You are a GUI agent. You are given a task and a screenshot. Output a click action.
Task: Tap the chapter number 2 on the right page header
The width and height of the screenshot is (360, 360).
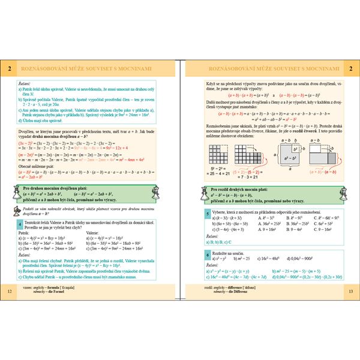tap(350, 70)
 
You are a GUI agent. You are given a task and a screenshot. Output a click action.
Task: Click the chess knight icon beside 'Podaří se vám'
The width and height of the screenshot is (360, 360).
tap(13, 211)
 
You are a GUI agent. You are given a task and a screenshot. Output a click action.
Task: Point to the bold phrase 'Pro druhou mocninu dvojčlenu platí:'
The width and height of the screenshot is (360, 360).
tap(59, 188)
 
